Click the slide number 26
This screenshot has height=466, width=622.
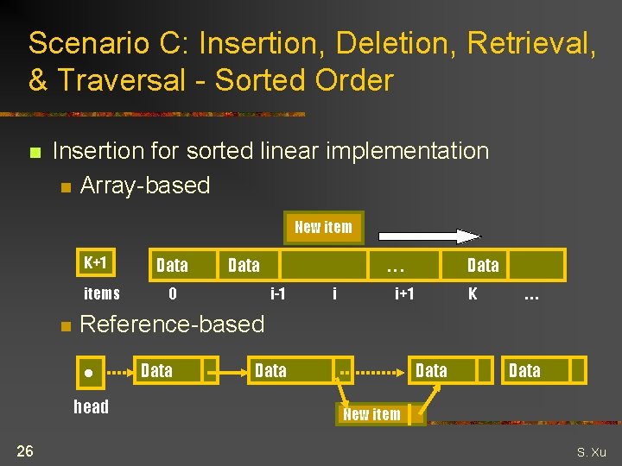click(26, 450)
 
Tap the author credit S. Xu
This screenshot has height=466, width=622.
click(592, 452)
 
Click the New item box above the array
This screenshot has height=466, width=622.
click(324, 228)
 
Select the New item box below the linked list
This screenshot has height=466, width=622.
click(372, 414)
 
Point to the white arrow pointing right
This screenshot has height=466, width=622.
click(429, 236)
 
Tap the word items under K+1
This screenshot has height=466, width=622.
click(102, 293)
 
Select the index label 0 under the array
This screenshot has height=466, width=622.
click(173, 293)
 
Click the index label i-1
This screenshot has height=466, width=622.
click(278, 293)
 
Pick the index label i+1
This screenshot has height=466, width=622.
click(404, 293)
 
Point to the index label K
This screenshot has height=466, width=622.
click(473, 293)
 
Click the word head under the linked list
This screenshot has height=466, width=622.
click(92, 407)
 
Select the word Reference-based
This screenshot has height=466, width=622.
click(172, 324)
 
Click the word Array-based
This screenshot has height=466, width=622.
click(145, 186)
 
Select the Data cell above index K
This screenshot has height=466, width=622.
click(483, 265)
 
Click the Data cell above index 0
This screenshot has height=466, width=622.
click(172, 265)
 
